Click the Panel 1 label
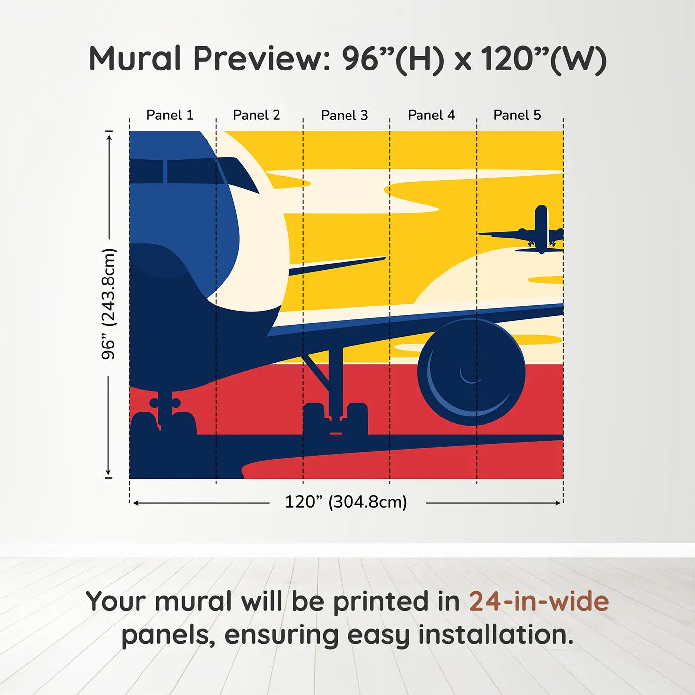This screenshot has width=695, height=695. pos(170,115)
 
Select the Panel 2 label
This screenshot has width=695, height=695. pos(256,115)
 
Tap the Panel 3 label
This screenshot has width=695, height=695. pos(344,116)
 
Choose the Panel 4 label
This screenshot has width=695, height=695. pos(431,115)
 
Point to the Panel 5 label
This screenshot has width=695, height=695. pos(517,115)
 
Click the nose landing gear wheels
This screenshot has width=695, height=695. pos(164,417)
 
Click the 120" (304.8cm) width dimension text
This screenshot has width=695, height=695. pos(346,502)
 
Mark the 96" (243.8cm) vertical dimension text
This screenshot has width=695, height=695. pos(108,304)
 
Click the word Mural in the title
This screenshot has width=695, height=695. pos(135,59)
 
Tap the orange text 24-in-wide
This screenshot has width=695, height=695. pos(539,602)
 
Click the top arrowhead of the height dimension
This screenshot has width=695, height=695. pos(109,136)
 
